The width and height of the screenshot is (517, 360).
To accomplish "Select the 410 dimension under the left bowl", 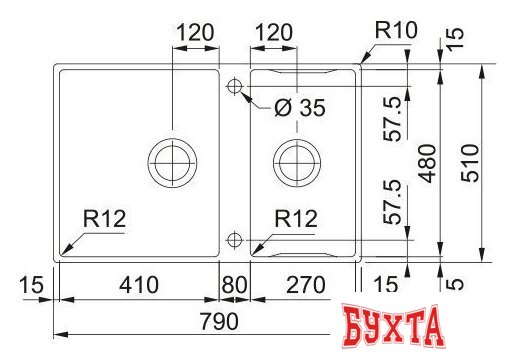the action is pyautogui.click(x=138, y=285).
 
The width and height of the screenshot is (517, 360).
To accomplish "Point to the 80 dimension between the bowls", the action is pyautogui.click(x=233, y=285).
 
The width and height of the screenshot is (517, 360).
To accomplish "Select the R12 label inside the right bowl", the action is pyautogui.click(x=297, y=219).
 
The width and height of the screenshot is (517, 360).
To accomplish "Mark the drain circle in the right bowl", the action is pyautogui.click(x=297, y=158).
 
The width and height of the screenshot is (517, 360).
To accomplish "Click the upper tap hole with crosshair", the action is pyautogui.click(x=234, y=87).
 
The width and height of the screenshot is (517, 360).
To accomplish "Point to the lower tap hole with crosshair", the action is pyautogui.click(x=234, y=239).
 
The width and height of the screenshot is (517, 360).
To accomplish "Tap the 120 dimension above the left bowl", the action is pyautogui.click(x=195, y=32).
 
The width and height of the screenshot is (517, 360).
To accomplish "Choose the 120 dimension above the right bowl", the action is pyautogui.click(x=273, y=32).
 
